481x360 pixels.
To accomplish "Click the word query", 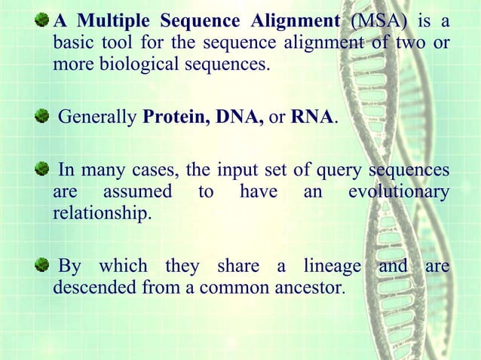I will (x=342, y=170).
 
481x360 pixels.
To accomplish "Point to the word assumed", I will (x=135, y=193).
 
